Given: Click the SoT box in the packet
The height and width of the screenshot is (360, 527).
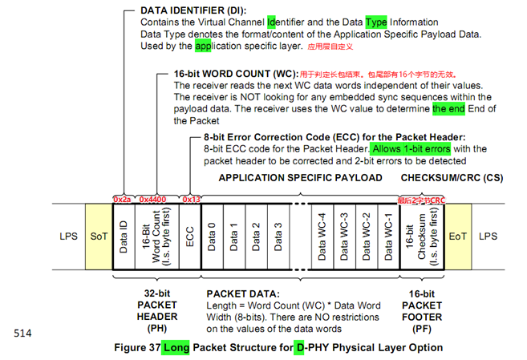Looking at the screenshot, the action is (98, 237).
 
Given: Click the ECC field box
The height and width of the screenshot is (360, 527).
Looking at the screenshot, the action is (190, 237).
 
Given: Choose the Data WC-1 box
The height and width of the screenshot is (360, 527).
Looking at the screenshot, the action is (386, 237).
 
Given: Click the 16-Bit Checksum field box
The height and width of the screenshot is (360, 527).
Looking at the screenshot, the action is (422, 237).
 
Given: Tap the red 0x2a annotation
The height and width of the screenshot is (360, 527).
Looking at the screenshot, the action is (123, 198).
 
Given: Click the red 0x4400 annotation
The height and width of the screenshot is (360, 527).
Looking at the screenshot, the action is (152, 198).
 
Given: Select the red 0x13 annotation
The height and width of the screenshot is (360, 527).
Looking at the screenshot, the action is (190, 198).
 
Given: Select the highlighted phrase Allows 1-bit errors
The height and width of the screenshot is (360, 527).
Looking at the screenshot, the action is (411, 148).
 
